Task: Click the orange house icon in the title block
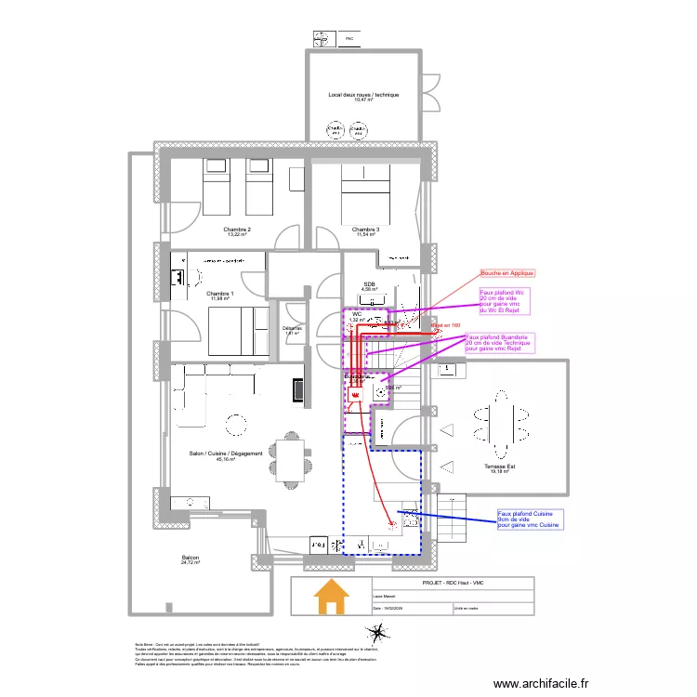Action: (x=332, y=597)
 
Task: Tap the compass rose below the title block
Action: (x=376, y=637)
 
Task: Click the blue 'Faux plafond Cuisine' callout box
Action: (x=530, y=519)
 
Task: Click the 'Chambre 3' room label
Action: (x=365, y=230)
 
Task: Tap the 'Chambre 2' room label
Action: (x=237, y=230)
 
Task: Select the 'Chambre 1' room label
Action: (x=220, y=294)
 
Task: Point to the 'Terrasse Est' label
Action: (x=499, y=467)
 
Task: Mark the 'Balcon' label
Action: (x=191, y=559)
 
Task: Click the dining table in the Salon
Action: (x=288, y=460)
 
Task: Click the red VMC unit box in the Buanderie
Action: (x=355, y=395)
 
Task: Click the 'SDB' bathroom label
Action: (x=368, y=285)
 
